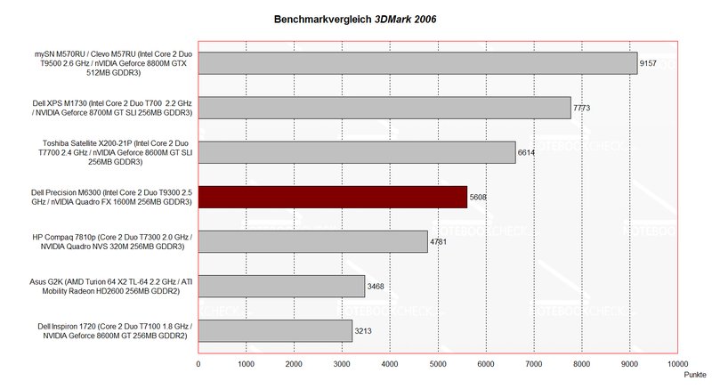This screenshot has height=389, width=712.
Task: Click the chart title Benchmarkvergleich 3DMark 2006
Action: (x=353, y=18)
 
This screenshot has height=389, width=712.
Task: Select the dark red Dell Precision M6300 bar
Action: (x=332, y=197)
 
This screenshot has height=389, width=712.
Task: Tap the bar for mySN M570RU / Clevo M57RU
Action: (x=417, y=62)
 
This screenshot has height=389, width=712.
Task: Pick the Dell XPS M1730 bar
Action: (x=384, y=108)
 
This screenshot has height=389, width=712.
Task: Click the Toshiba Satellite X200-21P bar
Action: (x=356, y=152)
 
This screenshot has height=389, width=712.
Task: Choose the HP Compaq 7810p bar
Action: (x=312, y=241)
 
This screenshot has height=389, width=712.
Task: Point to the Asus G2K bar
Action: (x=281, y=286)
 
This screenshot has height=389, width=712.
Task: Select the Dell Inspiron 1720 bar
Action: (x=275, y=330)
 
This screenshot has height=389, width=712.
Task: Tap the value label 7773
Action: (x=581, y=109)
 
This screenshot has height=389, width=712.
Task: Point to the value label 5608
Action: (x=478, y=198)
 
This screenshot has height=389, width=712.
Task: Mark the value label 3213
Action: (x=363, y=331)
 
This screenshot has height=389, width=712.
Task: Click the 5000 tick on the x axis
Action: (x=438, y=363)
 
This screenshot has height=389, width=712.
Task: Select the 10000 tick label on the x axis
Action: (x=677, y=363)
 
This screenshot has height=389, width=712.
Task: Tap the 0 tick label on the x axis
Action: (x=198, y=363)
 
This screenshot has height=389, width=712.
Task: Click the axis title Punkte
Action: (x=693, y=375)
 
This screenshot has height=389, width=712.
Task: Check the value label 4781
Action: (x=439, y=242)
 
